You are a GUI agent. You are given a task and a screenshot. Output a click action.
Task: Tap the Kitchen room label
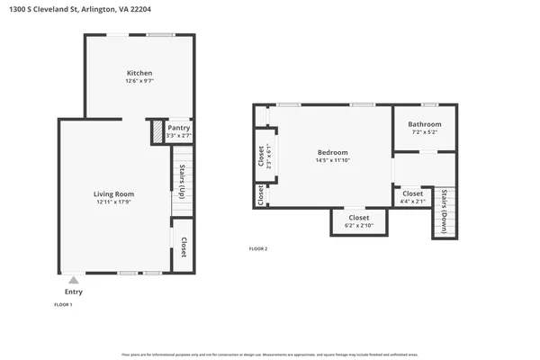[x=139, y=73]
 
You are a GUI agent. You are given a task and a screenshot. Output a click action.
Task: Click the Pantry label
[x=179, y=128]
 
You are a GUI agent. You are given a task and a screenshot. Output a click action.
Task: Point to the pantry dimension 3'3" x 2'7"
[x=179, y=136]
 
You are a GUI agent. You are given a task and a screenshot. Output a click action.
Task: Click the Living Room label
[x=114, y=193]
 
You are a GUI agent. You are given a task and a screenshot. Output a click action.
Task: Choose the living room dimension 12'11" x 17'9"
[x=114, y=202]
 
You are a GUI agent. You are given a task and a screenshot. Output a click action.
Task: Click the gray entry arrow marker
[x=74, y=280]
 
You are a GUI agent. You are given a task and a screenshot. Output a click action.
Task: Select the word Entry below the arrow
[x=74, y=292]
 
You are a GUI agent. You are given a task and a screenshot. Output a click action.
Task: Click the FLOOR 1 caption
[x=64, y=305]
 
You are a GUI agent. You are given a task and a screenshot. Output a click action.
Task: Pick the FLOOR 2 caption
[x=258, y=248]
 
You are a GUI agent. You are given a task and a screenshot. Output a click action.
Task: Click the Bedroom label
[x=332, y=152]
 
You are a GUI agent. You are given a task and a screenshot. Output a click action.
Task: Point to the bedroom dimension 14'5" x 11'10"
[x=332, y=161]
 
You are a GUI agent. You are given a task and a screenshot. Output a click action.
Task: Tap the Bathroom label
[x=425, y=124]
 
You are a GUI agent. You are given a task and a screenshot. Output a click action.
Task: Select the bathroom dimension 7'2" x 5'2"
[x=425, y=133]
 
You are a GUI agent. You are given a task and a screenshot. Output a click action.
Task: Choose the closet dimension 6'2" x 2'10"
[x=358, y=226]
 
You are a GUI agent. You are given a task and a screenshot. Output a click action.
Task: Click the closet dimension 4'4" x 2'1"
[x=412, y=202]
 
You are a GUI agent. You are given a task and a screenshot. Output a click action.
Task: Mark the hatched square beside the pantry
[x=157, y=132]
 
